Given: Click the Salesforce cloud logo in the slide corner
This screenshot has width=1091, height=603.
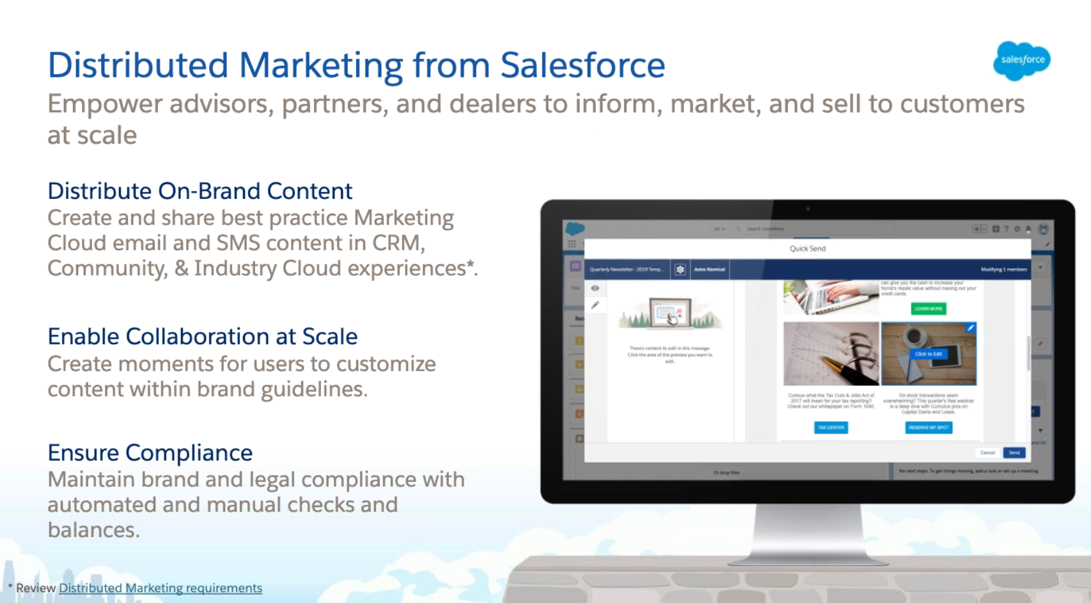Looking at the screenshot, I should click(1021, 60).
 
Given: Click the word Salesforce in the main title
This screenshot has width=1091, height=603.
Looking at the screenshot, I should click(582, 65).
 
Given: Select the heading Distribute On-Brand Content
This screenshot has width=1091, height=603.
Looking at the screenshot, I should click(200, 191).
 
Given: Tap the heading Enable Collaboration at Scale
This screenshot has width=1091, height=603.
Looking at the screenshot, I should click(202, 336).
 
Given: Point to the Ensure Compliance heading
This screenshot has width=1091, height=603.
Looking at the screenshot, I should click(150, 453).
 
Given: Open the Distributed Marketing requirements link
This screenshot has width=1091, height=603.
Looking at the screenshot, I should click(161, 588).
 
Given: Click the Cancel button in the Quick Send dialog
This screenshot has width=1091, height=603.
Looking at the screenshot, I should click(987, 453).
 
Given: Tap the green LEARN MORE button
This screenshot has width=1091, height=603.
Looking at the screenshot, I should click(928, 309).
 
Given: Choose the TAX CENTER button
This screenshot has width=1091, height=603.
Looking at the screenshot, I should click(831, 427).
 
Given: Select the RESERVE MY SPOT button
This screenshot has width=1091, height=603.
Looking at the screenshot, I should click(929, 427).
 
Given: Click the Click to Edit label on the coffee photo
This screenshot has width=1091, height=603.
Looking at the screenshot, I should click(928, 354).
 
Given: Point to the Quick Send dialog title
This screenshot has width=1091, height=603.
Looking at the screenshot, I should click(807, 249).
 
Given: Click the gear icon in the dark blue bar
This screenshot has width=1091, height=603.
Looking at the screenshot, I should click(680, 270).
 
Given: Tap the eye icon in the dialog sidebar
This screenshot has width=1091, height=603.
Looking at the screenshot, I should click(595, 288).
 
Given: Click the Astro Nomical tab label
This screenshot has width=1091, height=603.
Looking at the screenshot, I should click(709, 270).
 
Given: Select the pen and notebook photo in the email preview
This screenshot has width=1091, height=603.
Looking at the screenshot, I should click(831, 354).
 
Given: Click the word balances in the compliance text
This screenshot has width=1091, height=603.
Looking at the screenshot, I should click(93, 530).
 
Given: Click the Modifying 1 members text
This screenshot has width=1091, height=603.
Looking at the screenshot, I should click(1003, 270).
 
